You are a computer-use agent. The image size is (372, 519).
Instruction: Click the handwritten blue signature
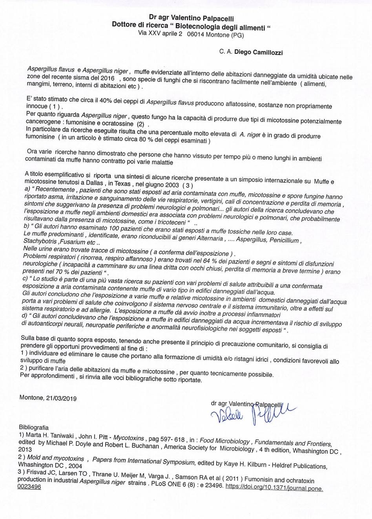tap(251, 413)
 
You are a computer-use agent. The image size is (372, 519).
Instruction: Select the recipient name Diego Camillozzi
tap(260, 52)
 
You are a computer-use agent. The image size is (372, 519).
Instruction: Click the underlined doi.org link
tap(274, 488)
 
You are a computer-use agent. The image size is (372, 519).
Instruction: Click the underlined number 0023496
tap(29, 487)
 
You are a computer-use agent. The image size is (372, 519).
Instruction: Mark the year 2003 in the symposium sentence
tap(172, 185)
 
